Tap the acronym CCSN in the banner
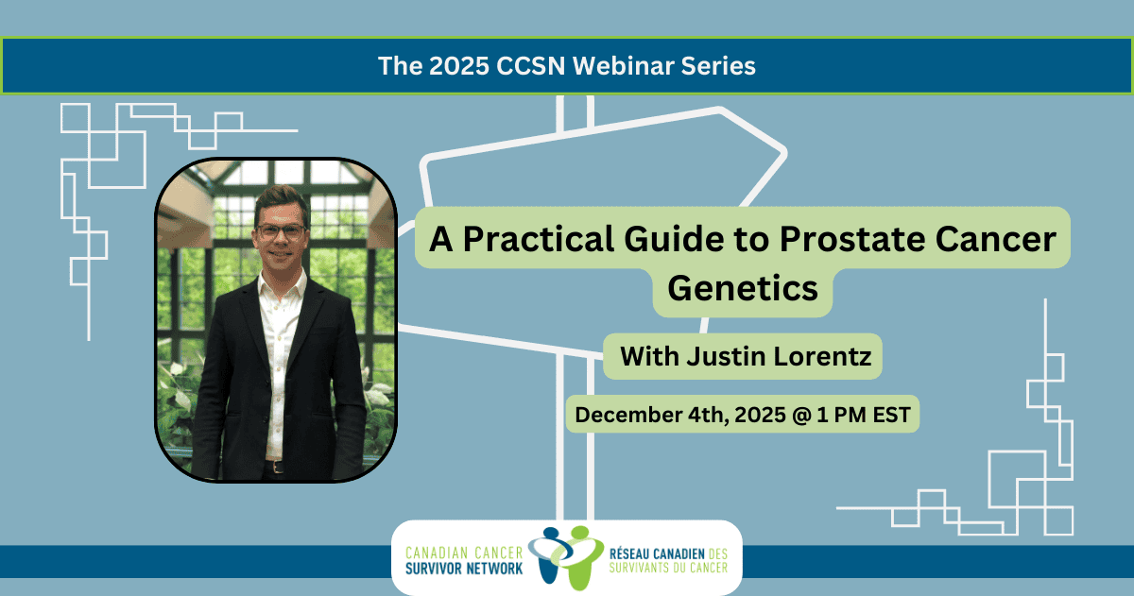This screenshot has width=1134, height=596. coord(530,66)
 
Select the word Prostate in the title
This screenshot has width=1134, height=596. coord(852,239)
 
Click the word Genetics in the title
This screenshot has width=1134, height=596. coord(743,288)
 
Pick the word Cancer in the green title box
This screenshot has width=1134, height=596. coord(996,239)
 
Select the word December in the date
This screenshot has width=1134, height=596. coord(627,415)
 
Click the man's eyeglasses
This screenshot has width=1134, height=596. coord(281,232)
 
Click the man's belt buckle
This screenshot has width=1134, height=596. coord(277,467)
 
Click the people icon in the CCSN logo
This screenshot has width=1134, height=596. coord(565,557)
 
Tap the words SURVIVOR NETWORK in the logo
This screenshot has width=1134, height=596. coord(464,569)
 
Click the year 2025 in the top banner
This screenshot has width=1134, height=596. coord(459,66)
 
